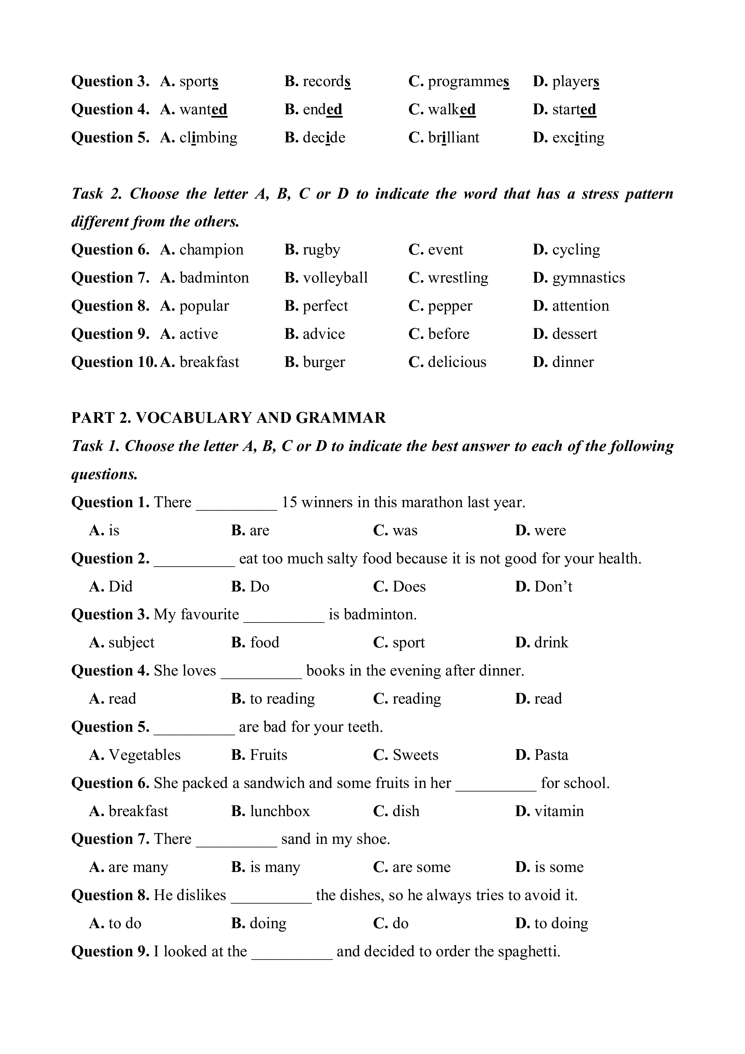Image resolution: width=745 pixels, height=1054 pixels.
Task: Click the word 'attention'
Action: [x=580, y=306]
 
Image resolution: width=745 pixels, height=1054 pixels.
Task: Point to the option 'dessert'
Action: [x=574, y=334]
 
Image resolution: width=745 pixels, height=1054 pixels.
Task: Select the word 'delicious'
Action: [x=457, y=362]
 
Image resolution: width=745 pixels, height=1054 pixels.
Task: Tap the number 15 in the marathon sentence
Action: [x=289, y=502]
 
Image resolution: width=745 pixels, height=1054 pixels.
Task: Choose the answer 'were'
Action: [x=550, y=531]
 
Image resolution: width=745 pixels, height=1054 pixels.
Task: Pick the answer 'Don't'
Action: [x=553, y=587]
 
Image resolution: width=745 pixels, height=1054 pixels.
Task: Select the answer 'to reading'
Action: [x=282, y=699]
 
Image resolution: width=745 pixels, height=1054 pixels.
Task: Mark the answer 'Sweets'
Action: [x=415, y=755]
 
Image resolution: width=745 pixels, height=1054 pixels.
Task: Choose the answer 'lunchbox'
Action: [x=280, y=811]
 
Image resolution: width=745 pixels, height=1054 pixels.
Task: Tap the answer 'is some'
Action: [x=559, y=867]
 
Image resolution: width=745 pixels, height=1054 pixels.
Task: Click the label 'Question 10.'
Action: [x=114, y=362]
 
